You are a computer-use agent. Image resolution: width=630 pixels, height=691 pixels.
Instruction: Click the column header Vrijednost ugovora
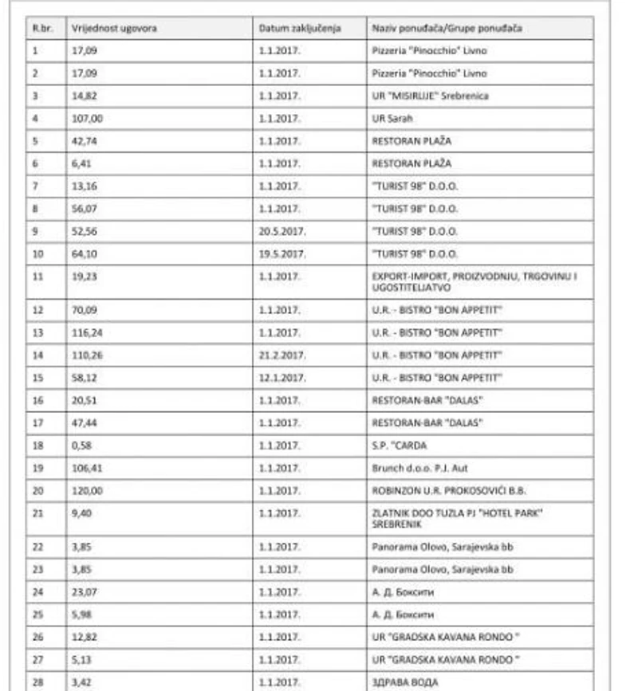pyautogui.click(x=114, y=28)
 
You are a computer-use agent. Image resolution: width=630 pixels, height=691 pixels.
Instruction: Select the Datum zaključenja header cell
pyautogui.click(x=299, y=28)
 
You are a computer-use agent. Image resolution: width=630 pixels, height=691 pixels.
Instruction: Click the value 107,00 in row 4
pyautogui.click(x=89, y=118)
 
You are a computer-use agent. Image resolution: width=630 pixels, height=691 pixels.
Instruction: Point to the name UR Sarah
pyautogui.click(x=391, y=118)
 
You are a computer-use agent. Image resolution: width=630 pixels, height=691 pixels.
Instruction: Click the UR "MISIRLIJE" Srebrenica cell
pyautogui.click(x=430, y=96)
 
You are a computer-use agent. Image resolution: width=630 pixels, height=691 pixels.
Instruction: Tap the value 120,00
pyautogui.click(x=89, y=490)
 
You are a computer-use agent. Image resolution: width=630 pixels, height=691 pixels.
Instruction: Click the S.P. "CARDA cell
pyautogui.click(x=399, y=445)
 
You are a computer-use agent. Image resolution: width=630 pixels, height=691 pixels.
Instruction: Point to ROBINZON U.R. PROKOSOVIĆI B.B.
pyautogui.click(x=448, y=490)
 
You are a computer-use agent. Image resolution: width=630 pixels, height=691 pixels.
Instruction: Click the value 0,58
pyautogui.click(x=82, y=445)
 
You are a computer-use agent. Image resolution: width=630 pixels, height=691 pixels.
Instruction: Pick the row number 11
pyautogui.click(x=37, y=277)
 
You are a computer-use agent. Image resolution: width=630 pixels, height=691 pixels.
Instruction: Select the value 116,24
pyautogui.click(x=89, y=332)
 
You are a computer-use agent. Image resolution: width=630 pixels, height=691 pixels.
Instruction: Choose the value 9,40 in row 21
pyautogui.click(x=82, y=513)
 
